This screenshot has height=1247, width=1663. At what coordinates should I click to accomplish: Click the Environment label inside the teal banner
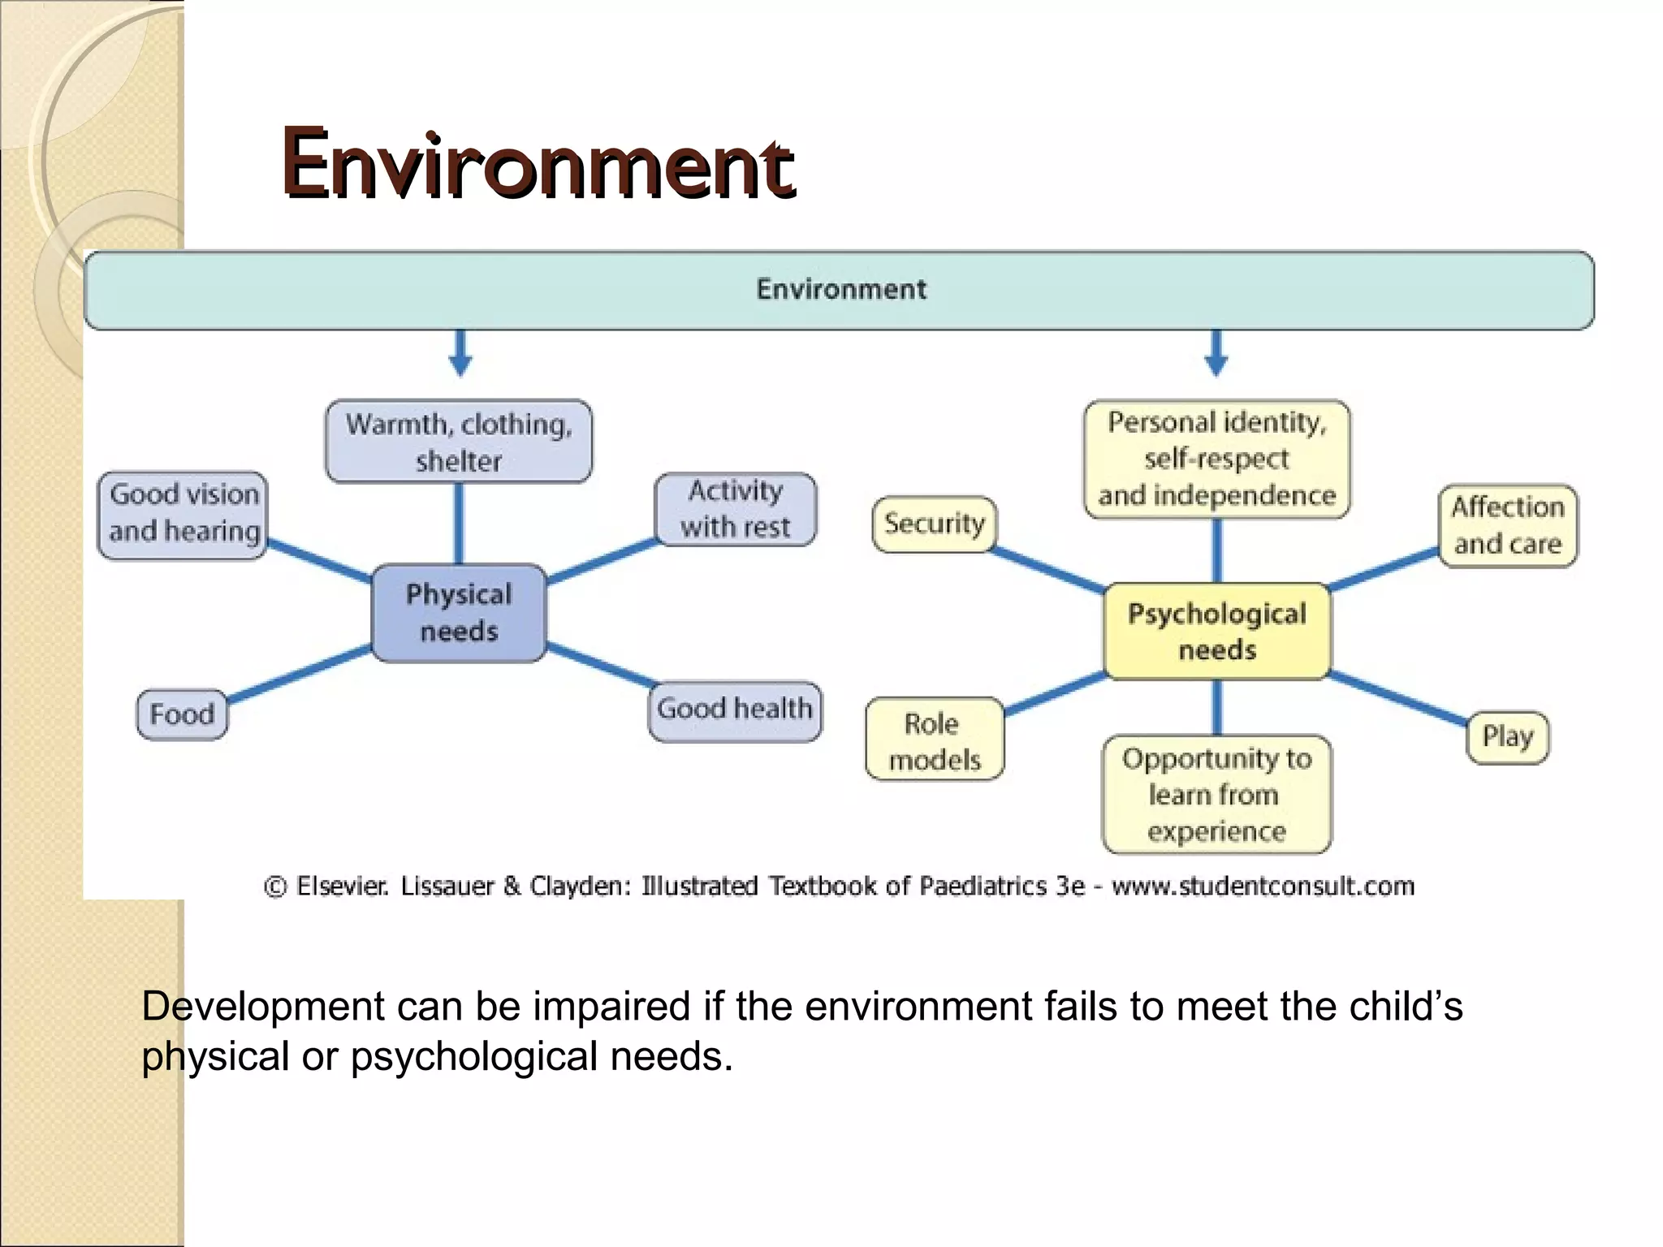click(x=841, y=289)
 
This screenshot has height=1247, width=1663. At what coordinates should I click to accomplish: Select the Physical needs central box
click(x=459, y=613)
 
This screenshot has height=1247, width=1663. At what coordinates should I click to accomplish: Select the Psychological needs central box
click(x=1216, y=632)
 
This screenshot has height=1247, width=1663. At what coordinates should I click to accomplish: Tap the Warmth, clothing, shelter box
click(x=459, y=442)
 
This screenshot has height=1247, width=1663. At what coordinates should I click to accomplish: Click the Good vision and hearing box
click(x=184, y=513)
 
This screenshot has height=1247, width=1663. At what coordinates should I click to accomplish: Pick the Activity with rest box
click(x=735, y=509)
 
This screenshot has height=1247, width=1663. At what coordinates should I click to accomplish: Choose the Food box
click(x=182, y=714)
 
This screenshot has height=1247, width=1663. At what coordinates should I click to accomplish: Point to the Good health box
click(x=735, y=710)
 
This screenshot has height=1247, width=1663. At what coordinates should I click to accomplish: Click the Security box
click(x=934, y=524)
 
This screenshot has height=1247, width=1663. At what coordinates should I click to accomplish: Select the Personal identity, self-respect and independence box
click(x=1216, y=459)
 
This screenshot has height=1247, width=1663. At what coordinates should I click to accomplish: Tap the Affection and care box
click(x=1507, y=525)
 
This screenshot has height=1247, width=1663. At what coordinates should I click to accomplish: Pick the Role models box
click(x=934, y=740)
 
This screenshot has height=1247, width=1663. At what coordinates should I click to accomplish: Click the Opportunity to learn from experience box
click(x=1216, y=794)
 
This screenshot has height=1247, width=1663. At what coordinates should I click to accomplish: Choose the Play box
click(x=1507, y=736)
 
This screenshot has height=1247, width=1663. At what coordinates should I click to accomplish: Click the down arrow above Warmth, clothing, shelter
click(x=460, y=354)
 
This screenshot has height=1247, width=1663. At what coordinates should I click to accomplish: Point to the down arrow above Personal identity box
click(x=1216, y=354)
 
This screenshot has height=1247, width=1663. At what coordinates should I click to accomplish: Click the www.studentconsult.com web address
click(x=1263, y=886)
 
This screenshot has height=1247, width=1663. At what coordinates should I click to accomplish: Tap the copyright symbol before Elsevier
click(x=275, y=887)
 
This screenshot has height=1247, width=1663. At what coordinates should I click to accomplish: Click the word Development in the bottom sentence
click(x=262, y=1007)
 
